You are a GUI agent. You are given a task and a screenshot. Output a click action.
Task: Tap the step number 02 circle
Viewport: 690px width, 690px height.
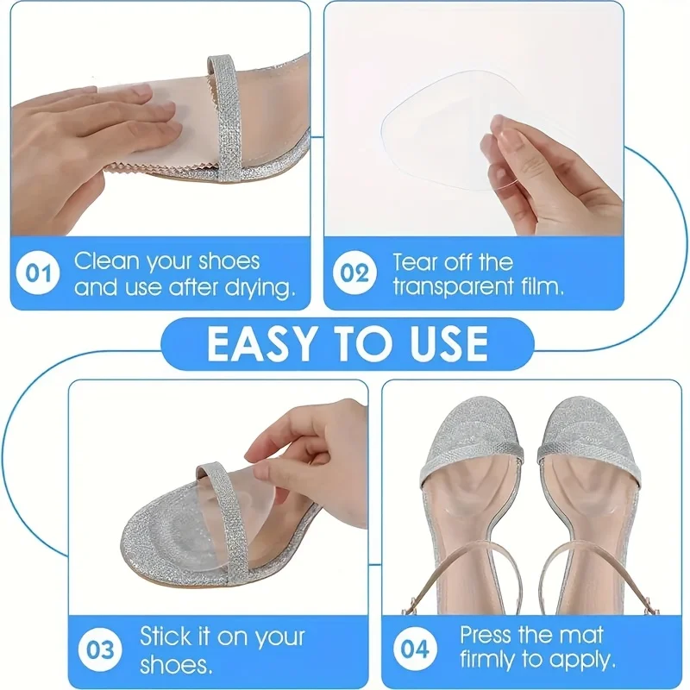(x=353, y=274)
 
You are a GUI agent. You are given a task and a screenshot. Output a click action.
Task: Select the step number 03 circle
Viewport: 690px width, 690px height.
(x=101, y=649)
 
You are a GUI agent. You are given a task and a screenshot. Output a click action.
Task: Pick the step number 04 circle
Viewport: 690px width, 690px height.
(x=415, y=649)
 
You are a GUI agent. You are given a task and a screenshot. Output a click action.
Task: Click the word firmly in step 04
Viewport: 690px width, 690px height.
(x=491, y=662)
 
